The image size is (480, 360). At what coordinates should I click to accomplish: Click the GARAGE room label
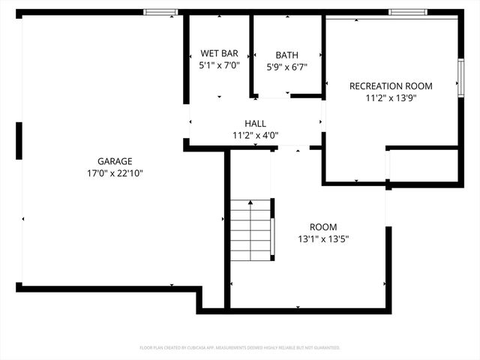coord(115,161)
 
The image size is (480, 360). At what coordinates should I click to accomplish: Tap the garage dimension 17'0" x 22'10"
coord(115,172)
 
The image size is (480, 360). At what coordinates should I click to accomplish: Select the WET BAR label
coord(219,54)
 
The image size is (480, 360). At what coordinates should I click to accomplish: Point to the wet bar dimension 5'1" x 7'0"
coord(219,66)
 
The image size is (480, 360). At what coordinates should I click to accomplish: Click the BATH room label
coord(286,55)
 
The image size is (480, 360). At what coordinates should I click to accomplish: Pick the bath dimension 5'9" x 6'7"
coord(286,67)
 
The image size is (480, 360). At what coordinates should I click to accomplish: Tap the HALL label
coord(255,124)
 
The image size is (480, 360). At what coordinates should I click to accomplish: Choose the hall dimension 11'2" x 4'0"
coord(255,136)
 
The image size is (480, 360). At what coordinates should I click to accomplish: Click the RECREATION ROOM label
coord(391,86)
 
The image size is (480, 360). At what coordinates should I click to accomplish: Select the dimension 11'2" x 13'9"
coord(391,97)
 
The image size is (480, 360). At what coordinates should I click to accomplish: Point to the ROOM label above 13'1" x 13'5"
coord(323,227)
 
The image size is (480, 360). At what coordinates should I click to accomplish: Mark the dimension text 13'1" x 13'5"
coord(323,239)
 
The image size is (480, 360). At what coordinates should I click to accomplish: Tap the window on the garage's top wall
coord(160,12)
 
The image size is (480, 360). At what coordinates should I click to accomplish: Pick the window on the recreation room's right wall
coord(460,75)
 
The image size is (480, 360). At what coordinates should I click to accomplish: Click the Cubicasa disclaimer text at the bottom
coord(240,348)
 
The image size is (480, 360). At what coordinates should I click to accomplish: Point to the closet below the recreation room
coord(424,166)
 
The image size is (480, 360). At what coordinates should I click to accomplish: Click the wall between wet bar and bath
coord(252,56)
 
